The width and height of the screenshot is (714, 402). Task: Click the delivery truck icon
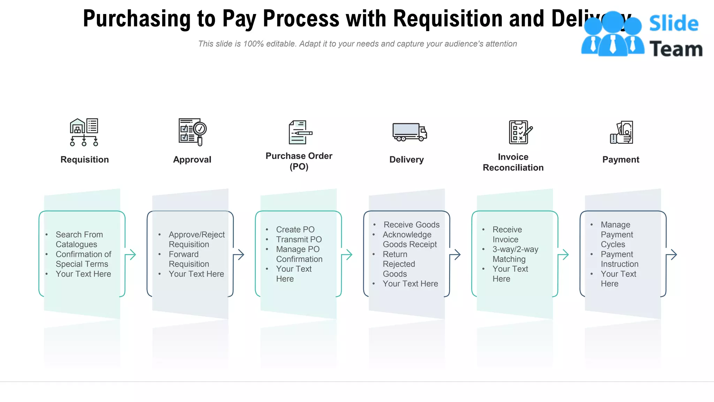click(x=409, y=132)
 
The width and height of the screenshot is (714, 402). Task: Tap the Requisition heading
click(x=84, y=159)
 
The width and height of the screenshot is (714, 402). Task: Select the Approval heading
click(x=192, y=159)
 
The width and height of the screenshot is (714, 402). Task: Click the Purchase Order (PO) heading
click(x=299, y=161)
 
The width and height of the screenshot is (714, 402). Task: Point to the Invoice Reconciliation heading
click(x=513, y=162)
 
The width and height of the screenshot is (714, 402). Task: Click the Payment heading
click(x=621, y=159)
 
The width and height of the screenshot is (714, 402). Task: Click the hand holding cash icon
click(x=622, y=132)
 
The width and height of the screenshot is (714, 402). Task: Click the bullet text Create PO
click(x=295, y=230)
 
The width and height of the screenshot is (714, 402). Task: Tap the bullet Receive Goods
click(x=411, y=225)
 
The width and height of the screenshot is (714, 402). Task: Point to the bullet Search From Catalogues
click(x=79, y=239)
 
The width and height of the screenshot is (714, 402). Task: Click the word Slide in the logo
click(x=674, y=24)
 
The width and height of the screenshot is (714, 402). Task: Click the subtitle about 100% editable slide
click(x=357, y=44)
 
